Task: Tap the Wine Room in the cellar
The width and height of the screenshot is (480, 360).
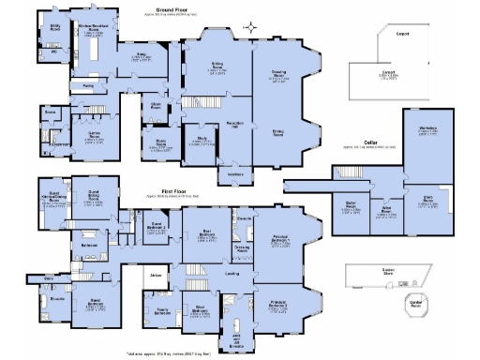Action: point(384,211)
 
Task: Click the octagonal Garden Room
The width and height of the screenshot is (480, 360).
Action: point(412,303)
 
